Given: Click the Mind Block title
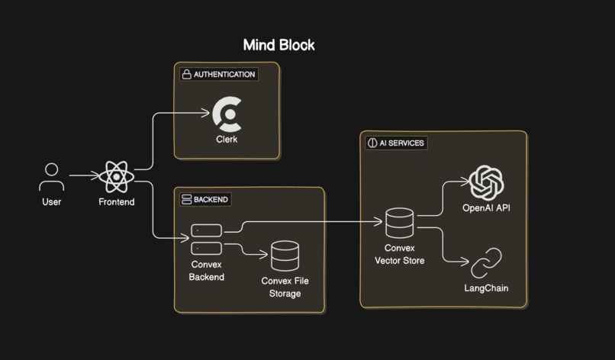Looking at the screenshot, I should [279, 45].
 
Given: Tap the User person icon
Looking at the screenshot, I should [51, 177].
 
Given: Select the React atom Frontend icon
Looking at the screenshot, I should [116, 177].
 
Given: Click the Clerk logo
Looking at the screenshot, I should [227, 114].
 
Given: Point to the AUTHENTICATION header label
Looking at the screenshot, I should [224, 75].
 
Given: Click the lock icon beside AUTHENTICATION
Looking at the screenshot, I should [186, 75].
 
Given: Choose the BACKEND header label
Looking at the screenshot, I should [211, 200].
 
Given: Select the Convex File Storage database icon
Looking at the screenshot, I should [285, 256].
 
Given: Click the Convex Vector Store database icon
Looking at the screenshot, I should [399, 223].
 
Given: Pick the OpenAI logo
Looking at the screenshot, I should [488, 183].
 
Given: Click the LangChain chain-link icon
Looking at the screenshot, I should [486, 264].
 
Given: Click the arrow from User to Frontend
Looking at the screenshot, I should [84, 175].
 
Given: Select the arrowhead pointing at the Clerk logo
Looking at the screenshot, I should [205, 114].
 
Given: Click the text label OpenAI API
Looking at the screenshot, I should [486, 207].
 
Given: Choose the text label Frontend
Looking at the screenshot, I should [116, 202].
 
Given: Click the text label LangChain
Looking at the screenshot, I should [486, 288].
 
